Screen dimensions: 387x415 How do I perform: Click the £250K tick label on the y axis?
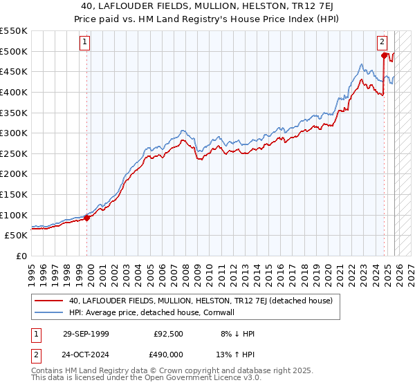[13, 153]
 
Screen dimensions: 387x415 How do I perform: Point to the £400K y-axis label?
[13, 92]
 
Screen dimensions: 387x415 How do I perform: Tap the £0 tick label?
[21, 256]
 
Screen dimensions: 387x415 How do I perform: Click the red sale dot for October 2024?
[384, 56]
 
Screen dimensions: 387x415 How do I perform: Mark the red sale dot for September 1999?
[87, 218]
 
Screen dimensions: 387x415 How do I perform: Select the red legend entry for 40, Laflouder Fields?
[201, 301]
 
